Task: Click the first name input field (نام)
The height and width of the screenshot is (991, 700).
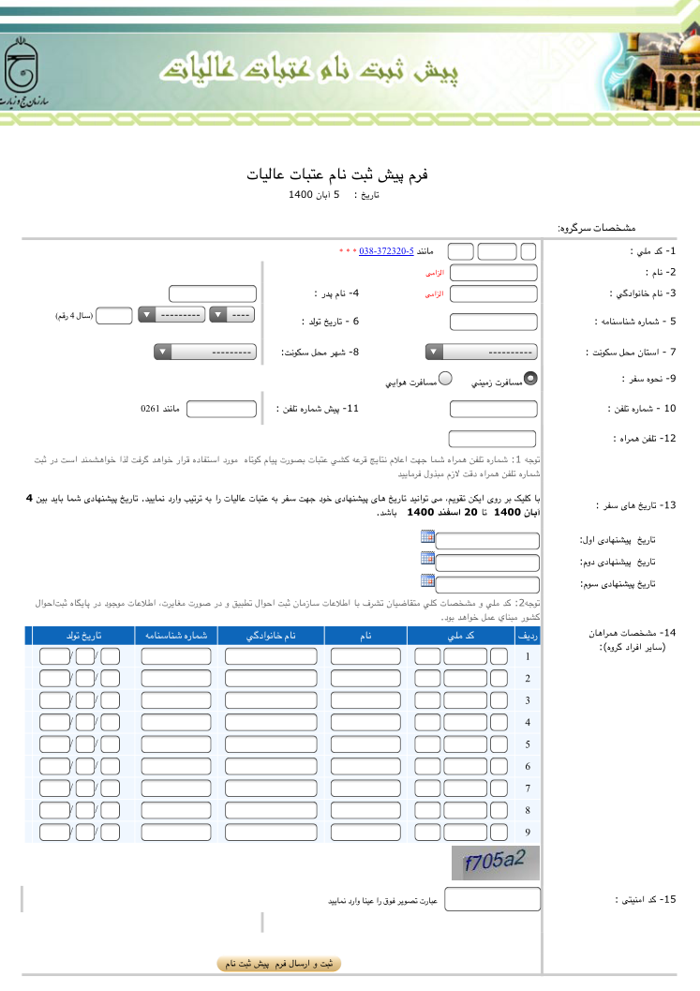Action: (493, 273)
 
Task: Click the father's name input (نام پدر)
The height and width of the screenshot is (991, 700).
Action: (213, 293)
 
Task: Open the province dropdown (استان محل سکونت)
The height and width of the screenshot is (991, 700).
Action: (481, 353)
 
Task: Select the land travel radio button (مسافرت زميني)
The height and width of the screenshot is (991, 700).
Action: (530, 379)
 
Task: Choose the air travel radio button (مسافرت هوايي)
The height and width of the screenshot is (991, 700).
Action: (446, 379)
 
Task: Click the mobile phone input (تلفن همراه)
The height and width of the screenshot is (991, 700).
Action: (493, 439)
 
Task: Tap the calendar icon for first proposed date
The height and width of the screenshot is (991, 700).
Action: (428, 536)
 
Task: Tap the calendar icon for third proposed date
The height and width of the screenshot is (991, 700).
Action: (428, 580)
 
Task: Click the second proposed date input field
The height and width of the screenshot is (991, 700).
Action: (488, 563)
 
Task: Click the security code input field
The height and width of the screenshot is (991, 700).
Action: (492, 900)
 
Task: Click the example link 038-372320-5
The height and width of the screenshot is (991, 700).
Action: (386, 252)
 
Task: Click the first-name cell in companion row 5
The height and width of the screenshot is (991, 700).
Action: (366, 744)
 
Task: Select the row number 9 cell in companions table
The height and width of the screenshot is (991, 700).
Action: (529, 832)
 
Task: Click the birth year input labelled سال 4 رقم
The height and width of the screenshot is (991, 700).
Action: (114, 316)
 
